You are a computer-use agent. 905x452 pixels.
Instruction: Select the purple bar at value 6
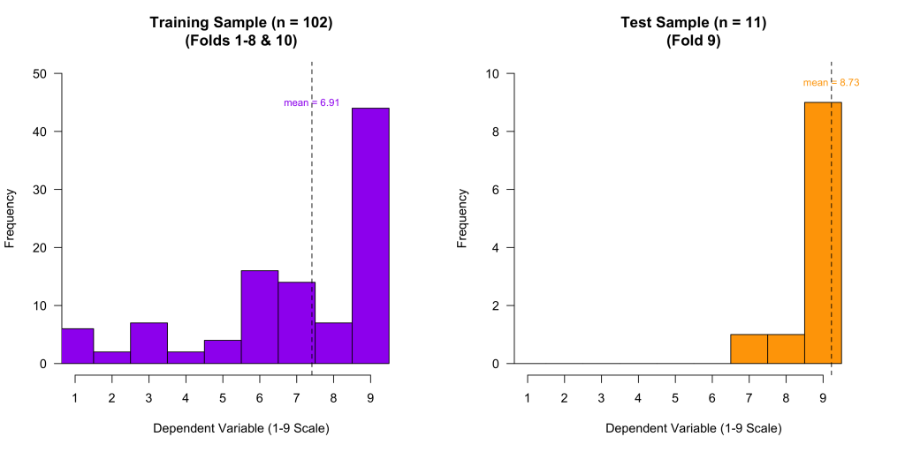(259, 317)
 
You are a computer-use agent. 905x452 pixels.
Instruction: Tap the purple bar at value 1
(77, 346)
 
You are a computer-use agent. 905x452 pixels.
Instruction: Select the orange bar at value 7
(749, 349)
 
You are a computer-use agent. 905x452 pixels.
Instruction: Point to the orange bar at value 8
(786, 349)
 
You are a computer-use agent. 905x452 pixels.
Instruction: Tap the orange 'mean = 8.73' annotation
(831, 83)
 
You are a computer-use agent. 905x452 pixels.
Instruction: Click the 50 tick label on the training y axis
(40, 74)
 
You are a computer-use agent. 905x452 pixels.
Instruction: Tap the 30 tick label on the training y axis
(40, 190)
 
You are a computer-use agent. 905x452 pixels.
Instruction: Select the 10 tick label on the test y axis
(494, 74)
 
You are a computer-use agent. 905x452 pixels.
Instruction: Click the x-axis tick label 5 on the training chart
(223, 397)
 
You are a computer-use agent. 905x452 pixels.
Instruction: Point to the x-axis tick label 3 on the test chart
(601, 397)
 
